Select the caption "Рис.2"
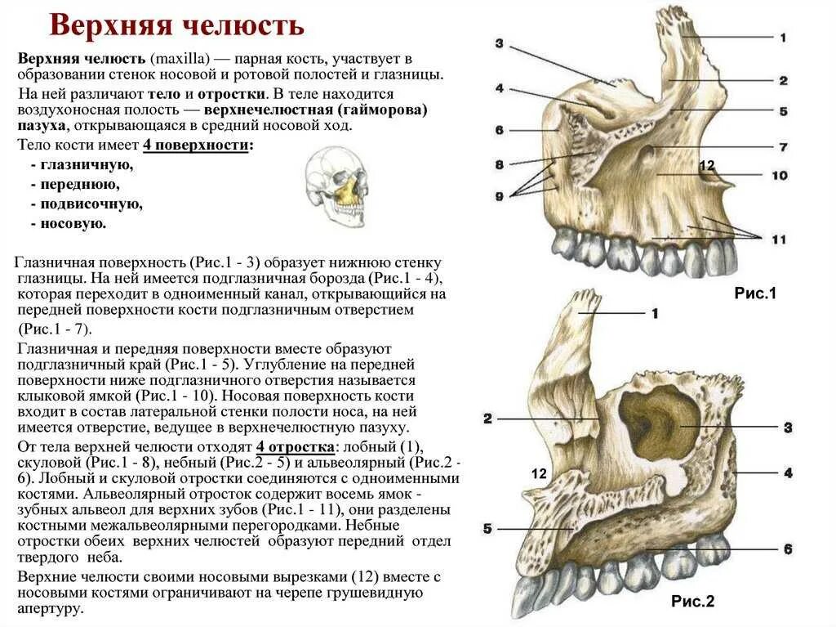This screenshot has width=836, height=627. (x=692, y=602)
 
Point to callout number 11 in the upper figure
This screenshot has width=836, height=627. (x=778, y=239)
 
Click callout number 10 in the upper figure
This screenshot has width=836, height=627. (x=779, y=175)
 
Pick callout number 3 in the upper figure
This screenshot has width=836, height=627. (x=499, y=44)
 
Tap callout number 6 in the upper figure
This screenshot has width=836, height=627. (x=499, y=130)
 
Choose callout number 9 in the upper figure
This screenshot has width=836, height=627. (x=499, y=195)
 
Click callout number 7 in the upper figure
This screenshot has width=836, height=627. (x=782, y=147)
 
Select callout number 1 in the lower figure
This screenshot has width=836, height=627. (x=654, y=313)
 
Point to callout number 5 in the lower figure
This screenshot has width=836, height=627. (x=487, y=529)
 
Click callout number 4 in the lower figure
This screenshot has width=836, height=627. (x=788, y=472)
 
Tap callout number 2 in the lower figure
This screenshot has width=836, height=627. (x=487, y=419)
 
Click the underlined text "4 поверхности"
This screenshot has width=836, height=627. (x=197, y=146)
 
